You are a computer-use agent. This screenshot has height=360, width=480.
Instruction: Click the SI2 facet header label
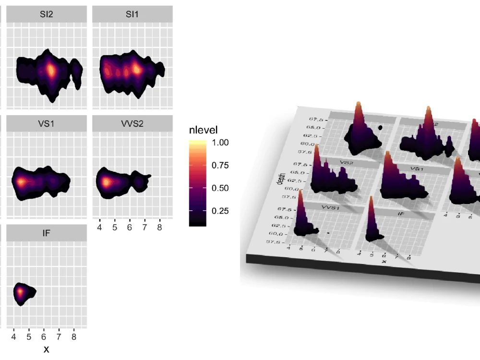(x=47, y=14)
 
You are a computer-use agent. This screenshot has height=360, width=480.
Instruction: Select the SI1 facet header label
(x=132, y=14)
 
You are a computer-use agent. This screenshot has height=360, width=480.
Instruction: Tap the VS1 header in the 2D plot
(x=47, y=123)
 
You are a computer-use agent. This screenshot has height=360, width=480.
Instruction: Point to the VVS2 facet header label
(x=132, y=123)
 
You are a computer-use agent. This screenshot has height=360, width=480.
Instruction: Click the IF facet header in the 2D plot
(x=47, y=233)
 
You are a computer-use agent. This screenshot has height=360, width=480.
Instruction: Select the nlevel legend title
(x=204, y=130)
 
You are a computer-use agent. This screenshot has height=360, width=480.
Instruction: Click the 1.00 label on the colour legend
(x=220, y=143)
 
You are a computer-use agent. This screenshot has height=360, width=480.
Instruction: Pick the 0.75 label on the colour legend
(x=220, y=166)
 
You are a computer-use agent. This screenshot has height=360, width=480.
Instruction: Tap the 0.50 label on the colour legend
(x=220, y=188)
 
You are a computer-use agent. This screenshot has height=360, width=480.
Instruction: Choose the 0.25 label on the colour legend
(x=220, y=211)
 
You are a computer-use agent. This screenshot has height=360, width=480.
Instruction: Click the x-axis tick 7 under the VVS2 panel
(x=144, y=228)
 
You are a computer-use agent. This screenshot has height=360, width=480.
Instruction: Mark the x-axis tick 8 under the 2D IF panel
(x=74, y=337)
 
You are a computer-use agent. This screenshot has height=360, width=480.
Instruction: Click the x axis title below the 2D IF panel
(x=47, y=349)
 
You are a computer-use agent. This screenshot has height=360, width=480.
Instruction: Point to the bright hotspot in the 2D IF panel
(x=20, y=291)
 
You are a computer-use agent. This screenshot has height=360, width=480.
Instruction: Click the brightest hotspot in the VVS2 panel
(x=106, y=182)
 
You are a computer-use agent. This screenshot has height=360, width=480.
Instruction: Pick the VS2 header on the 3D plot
(x=344, y=163)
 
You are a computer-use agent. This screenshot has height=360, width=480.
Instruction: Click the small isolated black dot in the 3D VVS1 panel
(x=328, y=233)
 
